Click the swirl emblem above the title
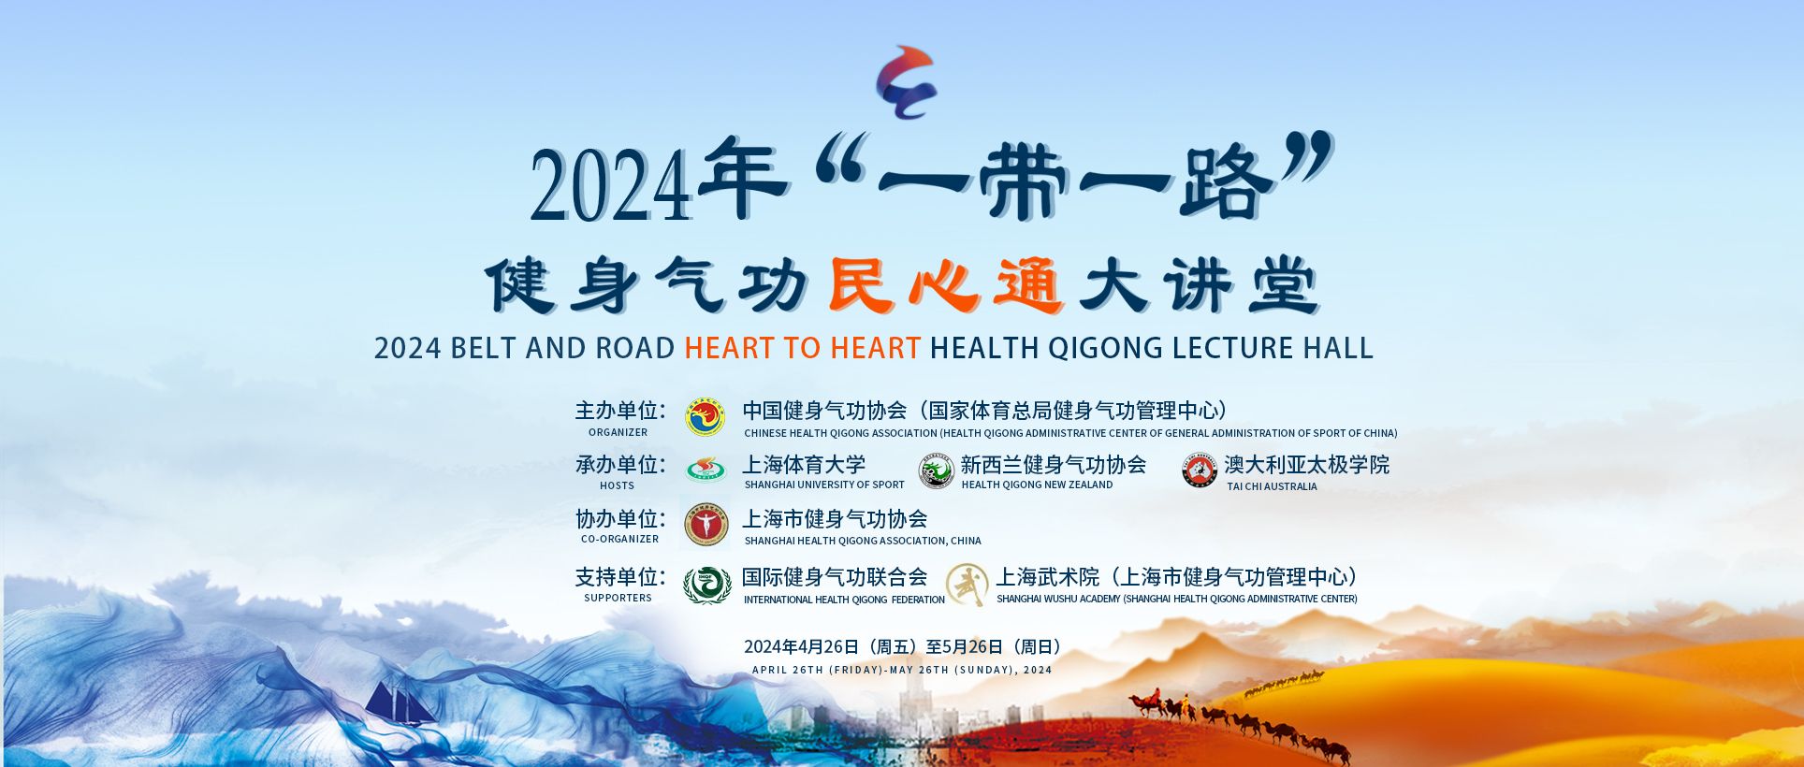906,82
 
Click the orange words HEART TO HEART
803,348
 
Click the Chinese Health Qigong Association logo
706,417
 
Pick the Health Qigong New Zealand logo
936,470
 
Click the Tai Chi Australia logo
1199,470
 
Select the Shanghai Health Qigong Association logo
706,526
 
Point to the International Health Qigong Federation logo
706,585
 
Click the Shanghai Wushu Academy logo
967,586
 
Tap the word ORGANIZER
618,432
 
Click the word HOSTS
617,485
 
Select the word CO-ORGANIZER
619,539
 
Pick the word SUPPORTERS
618,598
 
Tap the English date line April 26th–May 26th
902,670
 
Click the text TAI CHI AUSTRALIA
1272,486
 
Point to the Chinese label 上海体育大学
804,465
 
